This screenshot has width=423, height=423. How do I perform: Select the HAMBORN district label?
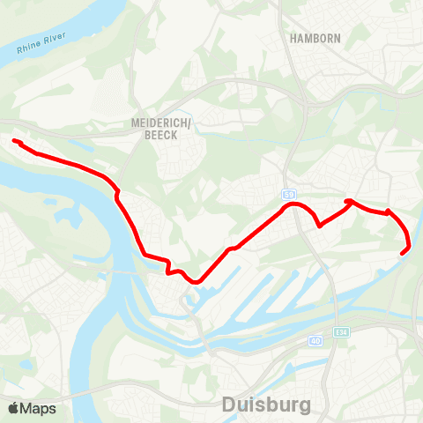(315, 38)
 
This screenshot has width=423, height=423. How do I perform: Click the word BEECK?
(160, 137)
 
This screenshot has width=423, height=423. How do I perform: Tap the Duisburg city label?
(266, 405)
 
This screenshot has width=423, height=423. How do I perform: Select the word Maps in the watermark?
(38, 408)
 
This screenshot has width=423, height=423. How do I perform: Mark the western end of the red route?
(15, 141)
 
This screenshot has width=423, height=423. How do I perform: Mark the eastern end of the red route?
(403, 254)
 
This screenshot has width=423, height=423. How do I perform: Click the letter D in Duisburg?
(229, 405)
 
